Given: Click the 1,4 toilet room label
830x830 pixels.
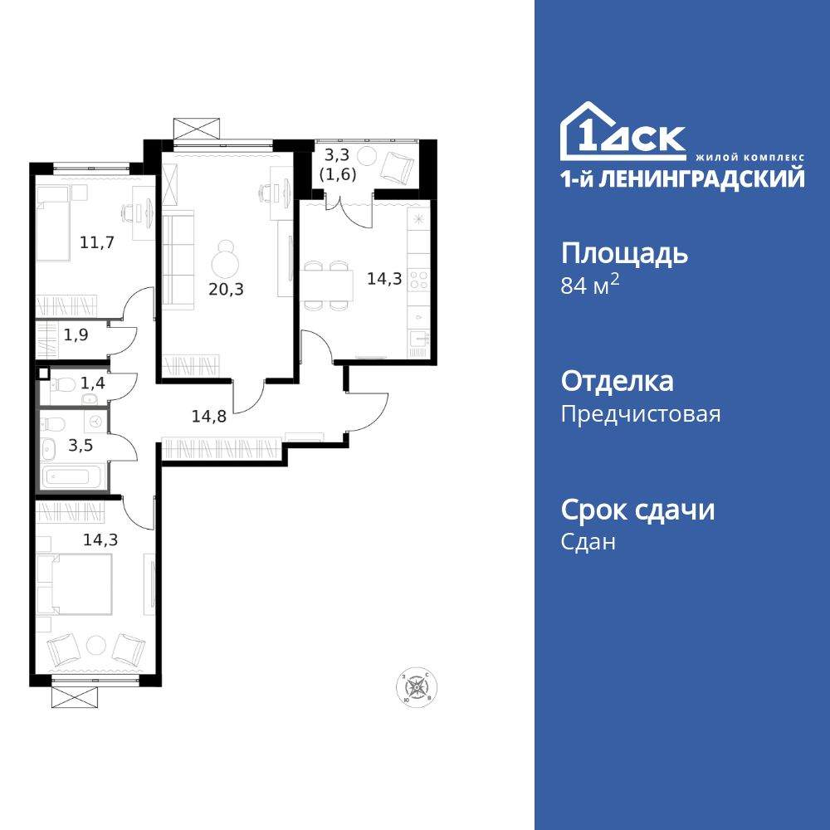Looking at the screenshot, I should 91,383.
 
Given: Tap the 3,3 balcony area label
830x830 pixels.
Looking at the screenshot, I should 336,154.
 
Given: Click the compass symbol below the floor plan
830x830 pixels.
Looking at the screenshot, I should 420,688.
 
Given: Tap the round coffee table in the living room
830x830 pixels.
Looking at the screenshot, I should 227,263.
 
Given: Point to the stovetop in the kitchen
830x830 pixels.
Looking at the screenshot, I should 418,279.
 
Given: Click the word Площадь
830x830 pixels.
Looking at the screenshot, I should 624,253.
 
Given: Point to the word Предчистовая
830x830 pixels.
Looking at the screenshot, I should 641,413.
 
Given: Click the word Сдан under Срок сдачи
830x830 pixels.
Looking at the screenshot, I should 588,542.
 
